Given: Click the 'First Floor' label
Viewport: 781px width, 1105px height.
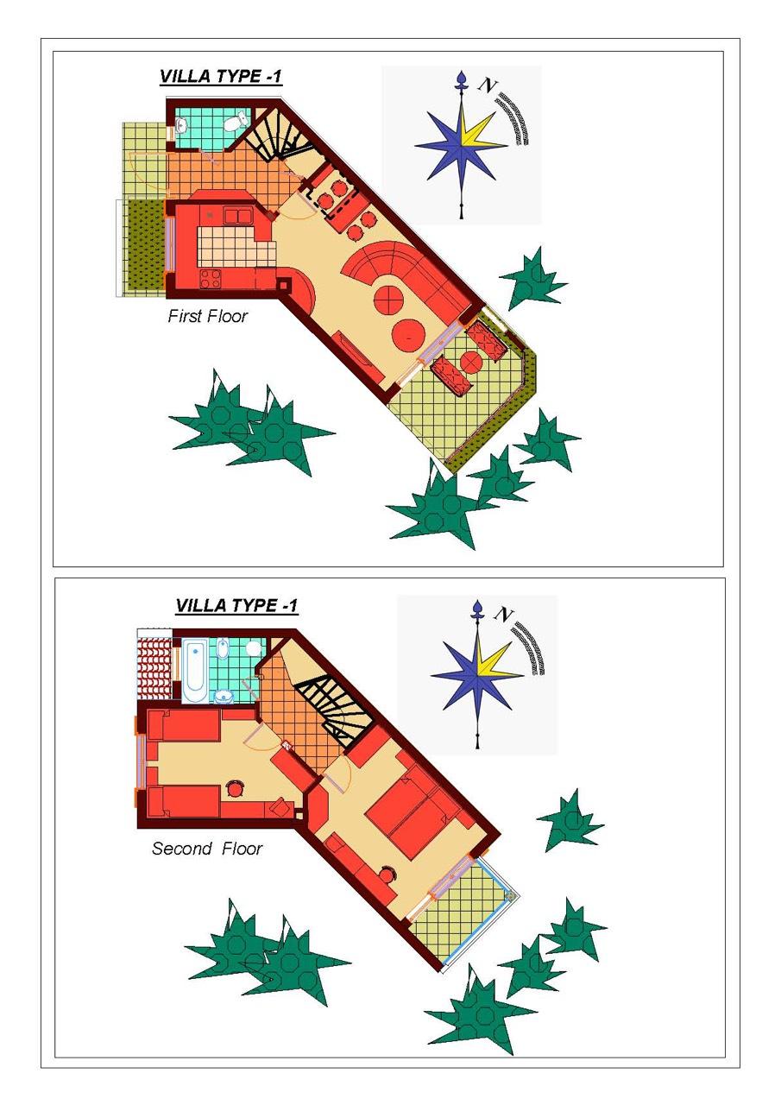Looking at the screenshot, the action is pos(208,316).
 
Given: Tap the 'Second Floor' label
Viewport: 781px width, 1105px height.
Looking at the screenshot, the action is pos(207,848).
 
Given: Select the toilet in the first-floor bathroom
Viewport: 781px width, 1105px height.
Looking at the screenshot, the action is pos(236,122).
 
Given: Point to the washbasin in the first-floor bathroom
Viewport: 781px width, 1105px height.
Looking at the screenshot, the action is pos(180,127).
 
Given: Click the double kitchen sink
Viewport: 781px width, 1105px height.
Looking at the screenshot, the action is pos(239,216).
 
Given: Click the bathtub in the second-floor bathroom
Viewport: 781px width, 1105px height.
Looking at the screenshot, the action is pos(194,671).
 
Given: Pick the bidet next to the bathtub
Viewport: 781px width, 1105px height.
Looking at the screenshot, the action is pos(223,647).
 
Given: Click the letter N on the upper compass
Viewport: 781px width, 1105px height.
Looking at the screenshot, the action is pos(487,85).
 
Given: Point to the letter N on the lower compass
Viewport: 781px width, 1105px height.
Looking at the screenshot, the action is pos(503,614).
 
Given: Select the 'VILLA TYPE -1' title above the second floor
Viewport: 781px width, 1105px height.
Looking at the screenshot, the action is pos(236,605).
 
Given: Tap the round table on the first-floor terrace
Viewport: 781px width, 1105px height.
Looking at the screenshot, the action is pos(472,362).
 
